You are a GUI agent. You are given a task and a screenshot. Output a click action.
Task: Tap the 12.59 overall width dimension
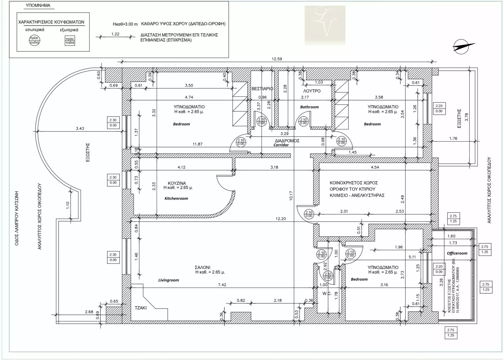(x=277, y=59)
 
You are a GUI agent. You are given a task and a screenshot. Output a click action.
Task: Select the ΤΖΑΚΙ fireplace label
(x=141, y=308)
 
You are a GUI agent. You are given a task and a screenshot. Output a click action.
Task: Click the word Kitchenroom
(x=176, y=198)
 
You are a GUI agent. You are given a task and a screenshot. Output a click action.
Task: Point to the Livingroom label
(x=168, y=280)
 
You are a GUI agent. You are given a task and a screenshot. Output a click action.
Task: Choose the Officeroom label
(x=457, y=253)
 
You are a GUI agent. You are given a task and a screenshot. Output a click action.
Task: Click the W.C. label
(x=327, y=293)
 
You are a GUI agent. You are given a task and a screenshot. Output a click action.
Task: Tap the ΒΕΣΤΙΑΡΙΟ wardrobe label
(x=262, y=89)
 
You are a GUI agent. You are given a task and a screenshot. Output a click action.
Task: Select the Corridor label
(x=281, y=145)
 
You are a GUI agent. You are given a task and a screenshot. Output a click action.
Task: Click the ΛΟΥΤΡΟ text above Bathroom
(x=312, y=91)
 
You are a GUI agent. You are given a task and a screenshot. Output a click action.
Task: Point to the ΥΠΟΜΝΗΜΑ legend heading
(x=38, y=5)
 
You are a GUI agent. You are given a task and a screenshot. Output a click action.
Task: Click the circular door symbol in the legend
(x=34, y=40)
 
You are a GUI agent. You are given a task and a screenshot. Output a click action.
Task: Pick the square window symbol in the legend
(x=70, y=41)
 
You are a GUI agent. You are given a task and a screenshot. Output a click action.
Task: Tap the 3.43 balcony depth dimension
(x=80, y=128)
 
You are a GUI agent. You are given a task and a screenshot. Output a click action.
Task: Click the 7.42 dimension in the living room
(x=222, y=285)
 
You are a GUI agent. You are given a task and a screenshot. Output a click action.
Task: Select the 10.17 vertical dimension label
(x=291, y=196)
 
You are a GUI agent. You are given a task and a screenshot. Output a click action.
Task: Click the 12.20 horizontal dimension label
(x=281, y=219)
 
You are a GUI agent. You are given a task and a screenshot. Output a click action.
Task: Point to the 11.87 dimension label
(x=198, y=144)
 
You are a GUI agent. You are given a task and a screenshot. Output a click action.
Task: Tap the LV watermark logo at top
(x=325, y=25)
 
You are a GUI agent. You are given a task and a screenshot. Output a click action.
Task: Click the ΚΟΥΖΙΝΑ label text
(x=177, y=183)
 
